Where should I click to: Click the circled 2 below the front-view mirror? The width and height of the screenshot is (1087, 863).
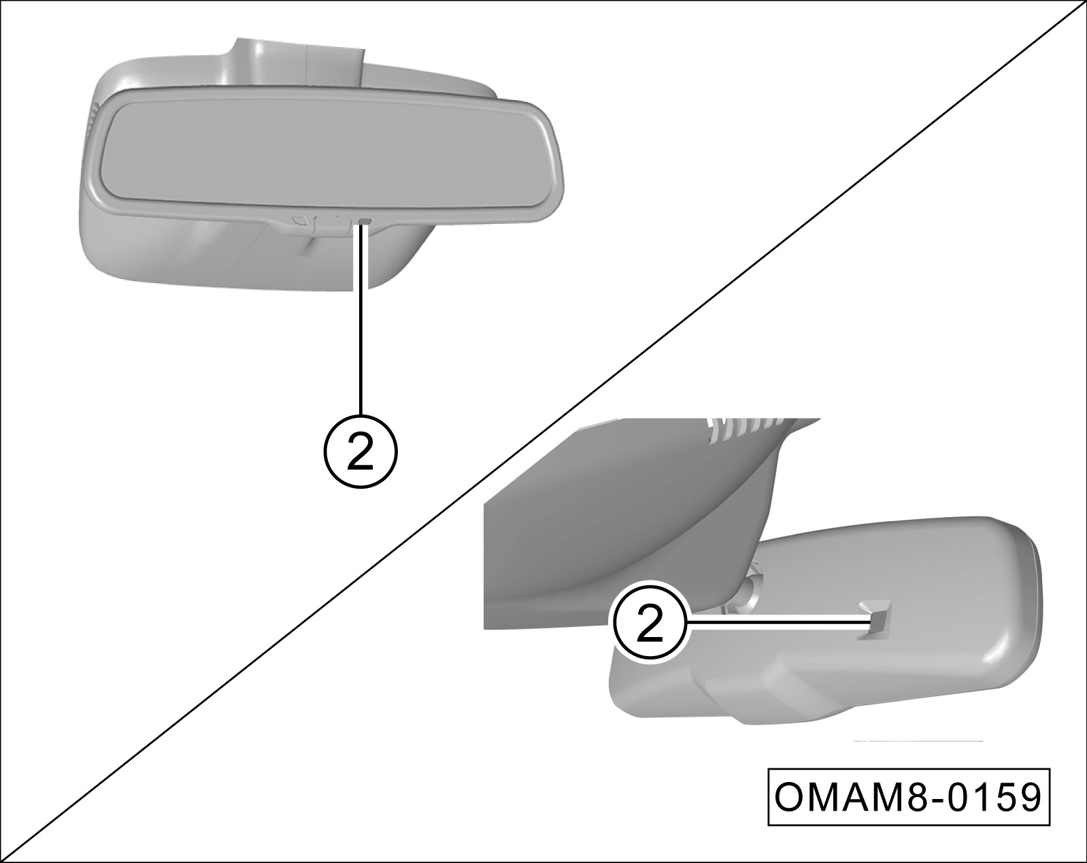click(360, 451)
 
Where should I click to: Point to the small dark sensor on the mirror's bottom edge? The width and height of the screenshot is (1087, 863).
click(364, 221)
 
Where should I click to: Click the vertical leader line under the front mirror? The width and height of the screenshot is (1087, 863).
click(361, 319)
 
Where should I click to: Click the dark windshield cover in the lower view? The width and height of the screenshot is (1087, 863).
click(621, 521)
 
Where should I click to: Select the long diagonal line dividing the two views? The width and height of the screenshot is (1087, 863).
click(543, 431)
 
